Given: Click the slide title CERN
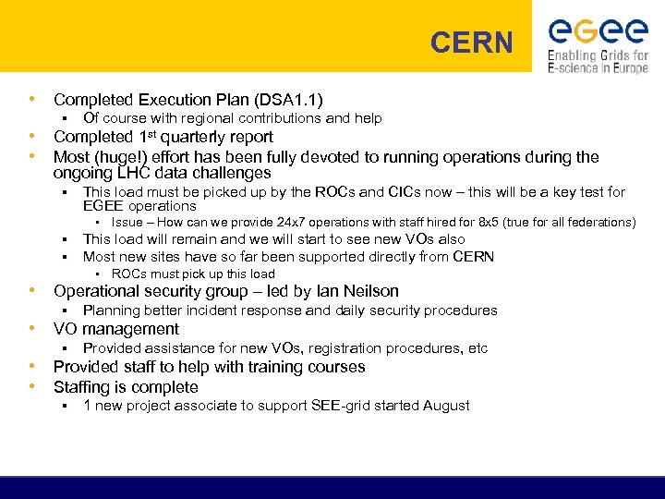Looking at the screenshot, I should click(472, 43).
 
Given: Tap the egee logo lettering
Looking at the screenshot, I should click(598, 31).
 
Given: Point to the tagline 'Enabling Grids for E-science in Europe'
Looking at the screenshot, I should click(598, 62).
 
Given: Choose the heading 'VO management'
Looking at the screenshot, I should click(116, 329).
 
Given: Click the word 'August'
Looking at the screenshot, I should click(446, 406).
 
